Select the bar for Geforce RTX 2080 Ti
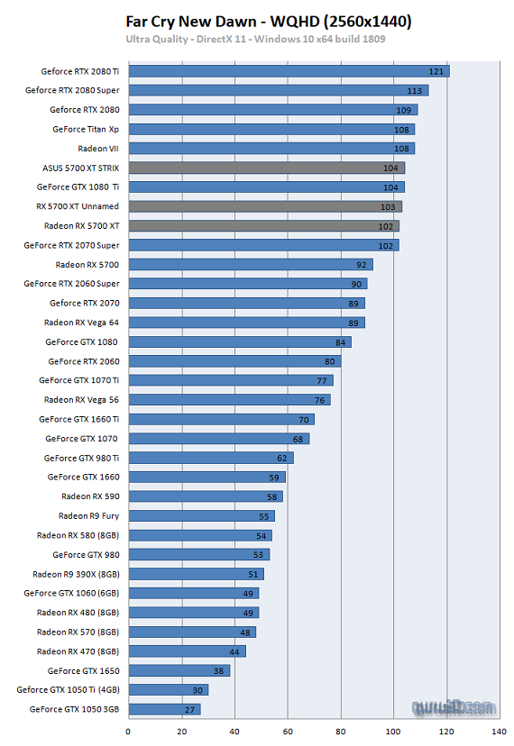[x=289, y=71]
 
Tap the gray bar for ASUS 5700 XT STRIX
[x=266, y=168]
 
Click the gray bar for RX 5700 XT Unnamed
[x=265, y=206]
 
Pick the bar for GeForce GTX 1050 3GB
[x=164, y=709]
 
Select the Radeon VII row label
[x=98, y=149]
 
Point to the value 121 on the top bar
[x=436, y=71]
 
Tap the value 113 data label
[x=415, y=91]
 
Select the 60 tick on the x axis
[x=288, y=731]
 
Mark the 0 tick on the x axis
[x=128, y=731]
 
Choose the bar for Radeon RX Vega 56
[x=229, y=400]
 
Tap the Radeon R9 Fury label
[x=88, y=516]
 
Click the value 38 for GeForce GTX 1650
[x=217, y=670]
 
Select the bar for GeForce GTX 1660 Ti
[x=221, y=419]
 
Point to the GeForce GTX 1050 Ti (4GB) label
[x=68, y=690]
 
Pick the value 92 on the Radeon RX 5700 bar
[x=361, y=265]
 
